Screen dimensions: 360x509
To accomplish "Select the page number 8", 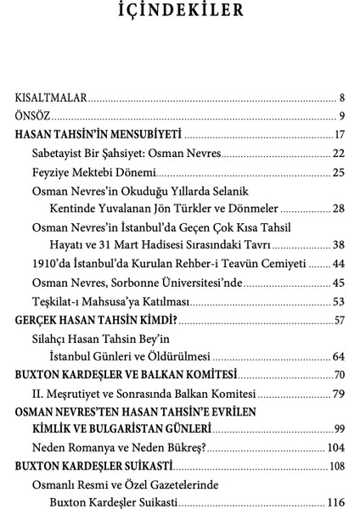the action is (340, 97).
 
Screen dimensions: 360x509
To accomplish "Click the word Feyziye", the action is (52, 172).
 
